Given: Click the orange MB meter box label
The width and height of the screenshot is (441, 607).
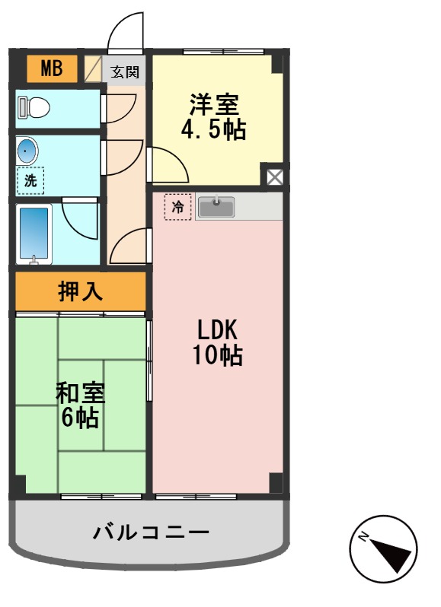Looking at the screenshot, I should click(52, 70).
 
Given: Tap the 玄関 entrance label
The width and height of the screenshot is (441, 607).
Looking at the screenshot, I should click(125, 72).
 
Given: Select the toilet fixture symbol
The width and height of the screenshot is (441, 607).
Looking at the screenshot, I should click(34, 107).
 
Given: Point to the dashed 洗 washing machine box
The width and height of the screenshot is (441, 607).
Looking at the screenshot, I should click(30, 180).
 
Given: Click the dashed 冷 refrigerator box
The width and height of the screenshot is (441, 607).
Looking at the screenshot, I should click(177, 206).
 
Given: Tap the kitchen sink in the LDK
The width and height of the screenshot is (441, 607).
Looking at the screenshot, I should click(218, 206).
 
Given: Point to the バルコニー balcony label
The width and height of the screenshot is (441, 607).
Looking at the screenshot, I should click(151, 532).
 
